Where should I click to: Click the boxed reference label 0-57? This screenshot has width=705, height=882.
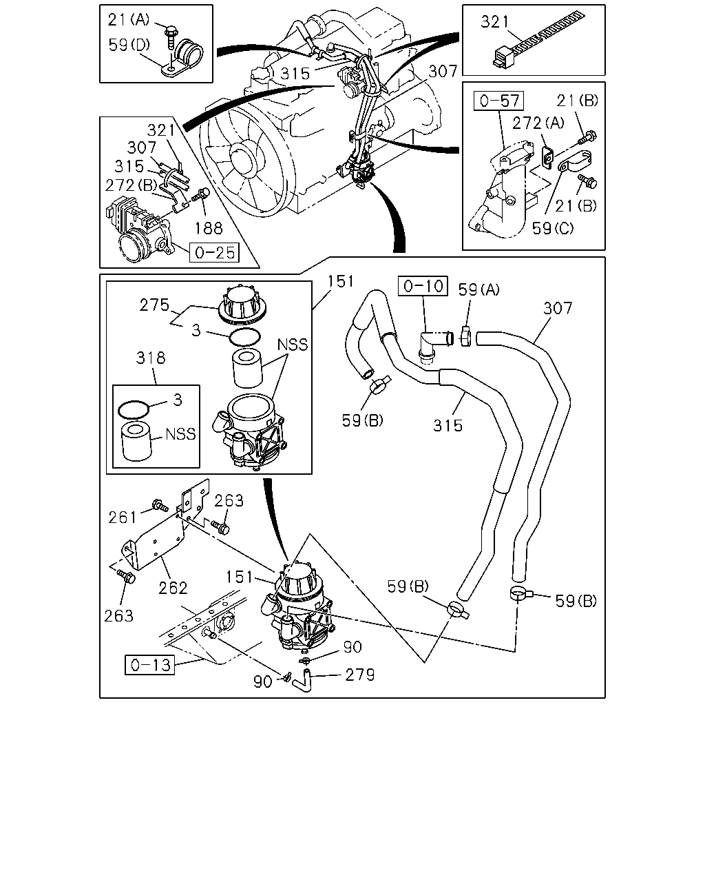498,101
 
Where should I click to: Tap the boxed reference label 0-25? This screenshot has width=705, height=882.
214,252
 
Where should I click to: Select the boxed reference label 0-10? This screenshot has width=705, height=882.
423,286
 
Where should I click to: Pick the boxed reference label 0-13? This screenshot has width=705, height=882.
150,665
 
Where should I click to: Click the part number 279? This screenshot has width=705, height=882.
359,675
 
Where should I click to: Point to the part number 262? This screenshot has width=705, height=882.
173,588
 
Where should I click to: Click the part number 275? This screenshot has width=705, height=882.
154,305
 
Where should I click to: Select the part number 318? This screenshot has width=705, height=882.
151,358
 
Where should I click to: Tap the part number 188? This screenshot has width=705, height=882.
209,228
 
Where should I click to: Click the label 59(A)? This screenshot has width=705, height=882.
479,290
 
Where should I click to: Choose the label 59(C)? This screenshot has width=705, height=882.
553,228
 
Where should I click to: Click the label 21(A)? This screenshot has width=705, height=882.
129,19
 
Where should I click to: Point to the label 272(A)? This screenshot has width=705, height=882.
538,123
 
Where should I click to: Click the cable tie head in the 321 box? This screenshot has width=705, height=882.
505,57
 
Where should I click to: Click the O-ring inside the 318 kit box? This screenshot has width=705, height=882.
134,410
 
